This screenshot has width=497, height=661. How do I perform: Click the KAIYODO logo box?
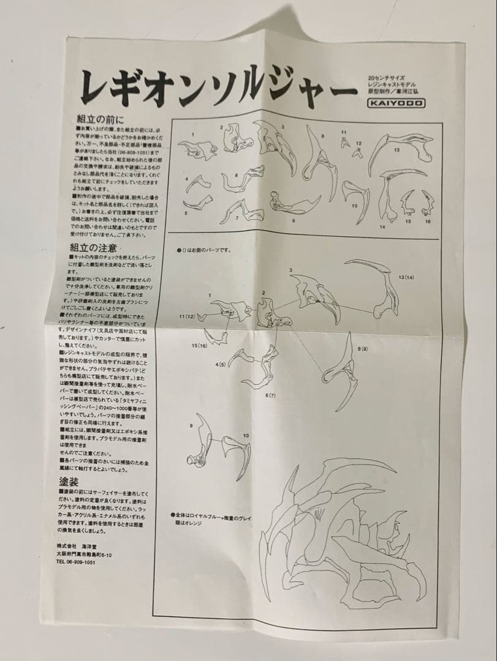pyautogui.click(x=396, y=103)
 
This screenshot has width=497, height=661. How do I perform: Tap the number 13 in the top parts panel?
pyautogui.click(x=397, y=150)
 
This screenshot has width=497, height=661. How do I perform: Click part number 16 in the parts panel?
pyautogui.click(x=428, y=221)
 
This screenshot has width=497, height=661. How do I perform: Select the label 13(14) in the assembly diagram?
pyautogui.click(x=406, y=277)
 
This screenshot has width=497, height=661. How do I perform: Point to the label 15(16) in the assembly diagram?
pyautogui.click(x=199, y=345)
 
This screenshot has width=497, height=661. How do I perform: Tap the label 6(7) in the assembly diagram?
pyautogui.click(x=270, y=395)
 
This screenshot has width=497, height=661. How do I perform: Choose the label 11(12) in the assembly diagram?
pyautogui.click(x=186, y=316)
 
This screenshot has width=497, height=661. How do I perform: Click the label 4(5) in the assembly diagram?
pyautogui.click(x=220, y=364)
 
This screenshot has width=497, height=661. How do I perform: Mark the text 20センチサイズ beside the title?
pyautogui.click(x=384, y=78)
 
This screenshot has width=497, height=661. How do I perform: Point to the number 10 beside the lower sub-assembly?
pyautogui.click(x=246, y=435)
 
